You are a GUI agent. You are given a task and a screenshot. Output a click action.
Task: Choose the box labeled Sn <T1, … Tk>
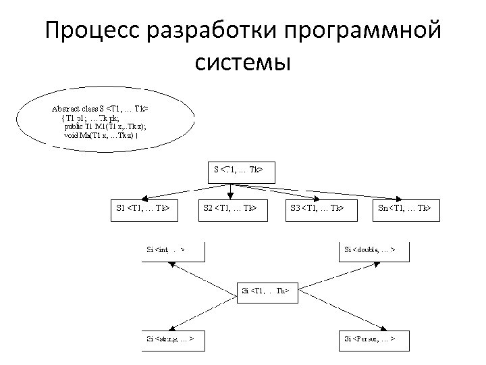(405, 209)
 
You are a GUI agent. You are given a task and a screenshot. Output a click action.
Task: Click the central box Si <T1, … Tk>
(266, 291)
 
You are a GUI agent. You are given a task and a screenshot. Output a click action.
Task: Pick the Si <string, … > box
(172, 338)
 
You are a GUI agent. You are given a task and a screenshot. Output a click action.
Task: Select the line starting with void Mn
(101, 135)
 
